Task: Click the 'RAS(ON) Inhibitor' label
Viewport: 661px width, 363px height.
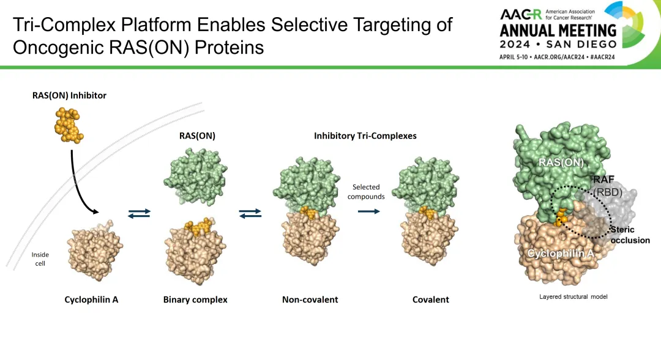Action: click(x=69, y=95)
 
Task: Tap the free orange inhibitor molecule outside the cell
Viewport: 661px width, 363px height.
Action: click(x=69, y=125)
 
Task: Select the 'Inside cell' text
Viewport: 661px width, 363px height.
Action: click(x=40, y=259)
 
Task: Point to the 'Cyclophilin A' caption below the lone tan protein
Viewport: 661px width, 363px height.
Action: click(x=91, y=299)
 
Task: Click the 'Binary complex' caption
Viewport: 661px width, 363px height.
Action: click(x=195, y=299)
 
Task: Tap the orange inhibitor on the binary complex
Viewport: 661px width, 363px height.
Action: click(x=198, y=227)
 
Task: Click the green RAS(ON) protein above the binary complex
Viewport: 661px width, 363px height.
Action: click(x=195, y=177)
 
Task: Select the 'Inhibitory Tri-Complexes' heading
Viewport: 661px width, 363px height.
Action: click(x=365, y=136)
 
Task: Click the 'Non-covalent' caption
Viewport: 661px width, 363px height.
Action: click(x=310, y=299)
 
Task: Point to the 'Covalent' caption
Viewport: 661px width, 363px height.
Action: click(x=430, y=299)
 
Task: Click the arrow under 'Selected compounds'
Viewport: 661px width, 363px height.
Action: click(x=369, y=211)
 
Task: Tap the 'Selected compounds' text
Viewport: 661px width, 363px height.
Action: click(x=366, y=192)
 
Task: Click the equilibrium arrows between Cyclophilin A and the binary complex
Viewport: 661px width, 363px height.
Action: click(x=139, y=213)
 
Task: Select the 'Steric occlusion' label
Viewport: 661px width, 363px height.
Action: click(x=630, y=235)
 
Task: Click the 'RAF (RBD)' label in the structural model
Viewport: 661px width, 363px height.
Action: click(x=608, y=186)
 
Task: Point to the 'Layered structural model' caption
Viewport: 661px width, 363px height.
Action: click(x=573, y=296)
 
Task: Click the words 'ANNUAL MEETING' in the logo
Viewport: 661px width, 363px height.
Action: click(x=558, y=31)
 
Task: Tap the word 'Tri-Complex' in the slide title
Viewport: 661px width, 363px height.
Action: click(x=64, y=25)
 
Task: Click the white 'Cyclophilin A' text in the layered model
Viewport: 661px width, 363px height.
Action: click(x=561, y=253)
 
